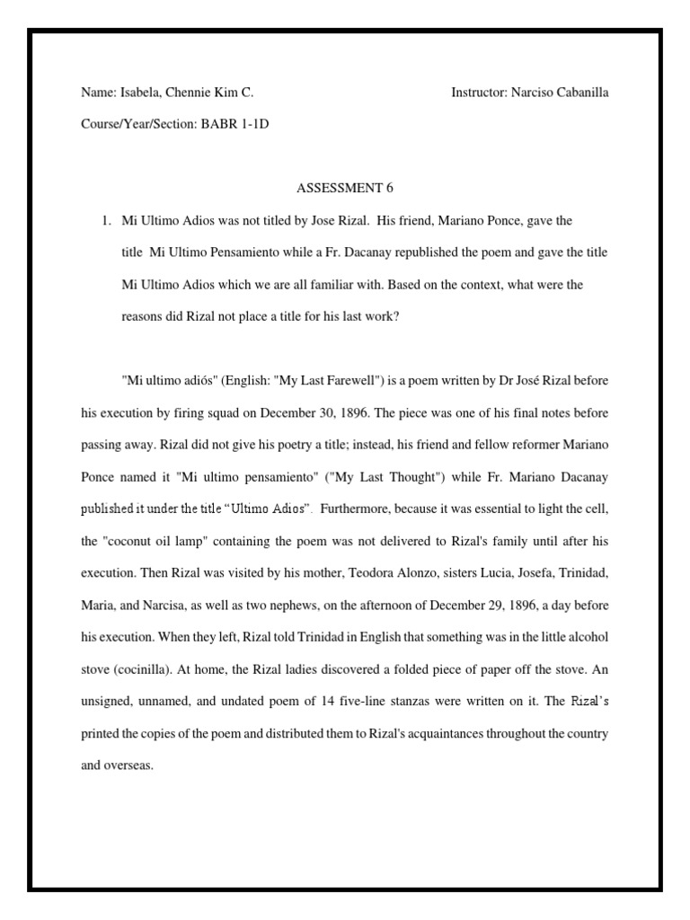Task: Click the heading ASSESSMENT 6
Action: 345,188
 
